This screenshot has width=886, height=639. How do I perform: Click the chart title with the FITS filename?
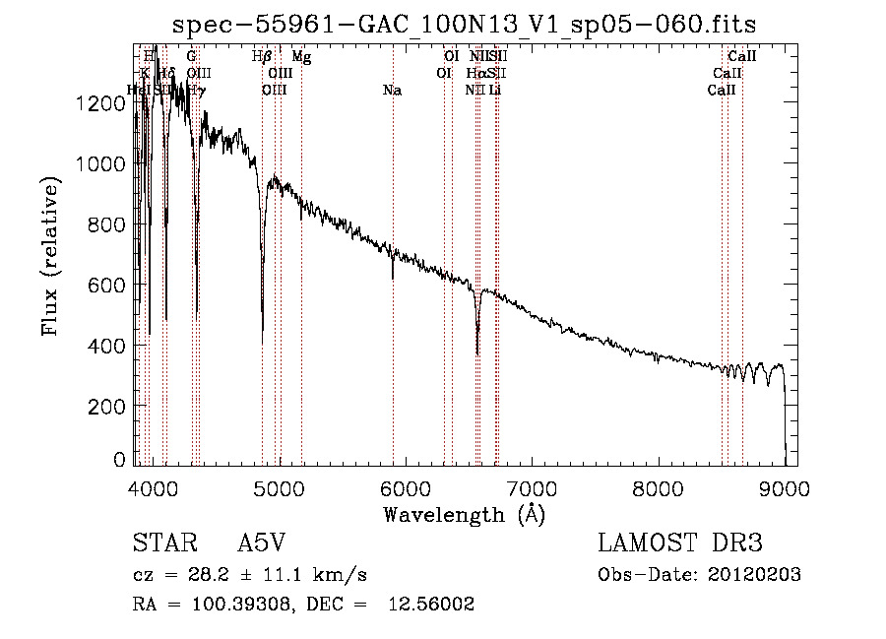[x=465, y=24]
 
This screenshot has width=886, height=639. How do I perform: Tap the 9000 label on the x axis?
[x=785, y=488]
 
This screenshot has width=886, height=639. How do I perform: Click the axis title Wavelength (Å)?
[x=464, y=514]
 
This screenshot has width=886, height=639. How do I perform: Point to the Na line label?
[x=392, y=91]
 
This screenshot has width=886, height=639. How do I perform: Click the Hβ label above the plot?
[x=262, y=58]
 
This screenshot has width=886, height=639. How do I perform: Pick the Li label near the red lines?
[x=495, y=91]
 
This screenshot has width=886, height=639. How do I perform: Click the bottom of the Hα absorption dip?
[x=477, y=353]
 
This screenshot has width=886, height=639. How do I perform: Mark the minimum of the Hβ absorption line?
[x=262, y=341]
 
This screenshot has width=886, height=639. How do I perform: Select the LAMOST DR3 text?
[x=679, y=544]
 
